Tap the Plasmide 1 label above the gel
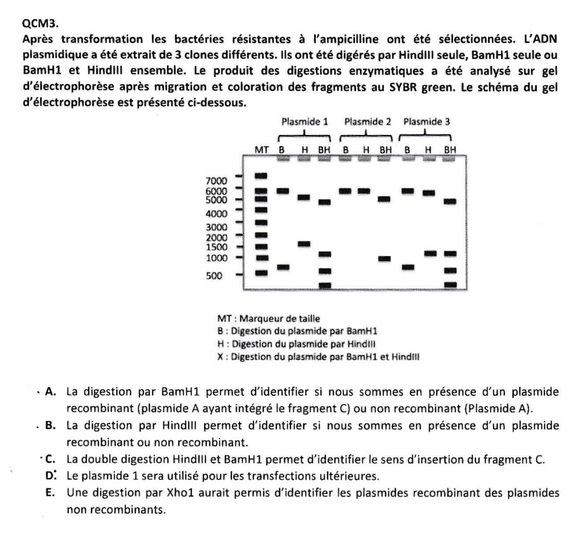305,121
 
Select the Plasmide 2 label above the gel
367,121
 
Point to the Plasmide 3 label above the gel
427,121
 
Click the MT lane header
261,149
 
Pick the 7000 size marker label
216,181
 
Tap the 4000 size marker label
216,213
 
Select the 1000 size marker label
216,258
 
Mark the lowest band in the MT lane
261,273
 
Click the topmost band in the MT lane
261,175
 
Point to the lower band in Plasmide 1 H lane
304,244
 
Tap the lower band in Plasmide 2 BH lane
384,259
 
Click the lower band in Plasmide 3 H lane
430,253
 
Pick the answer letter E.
50,493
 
